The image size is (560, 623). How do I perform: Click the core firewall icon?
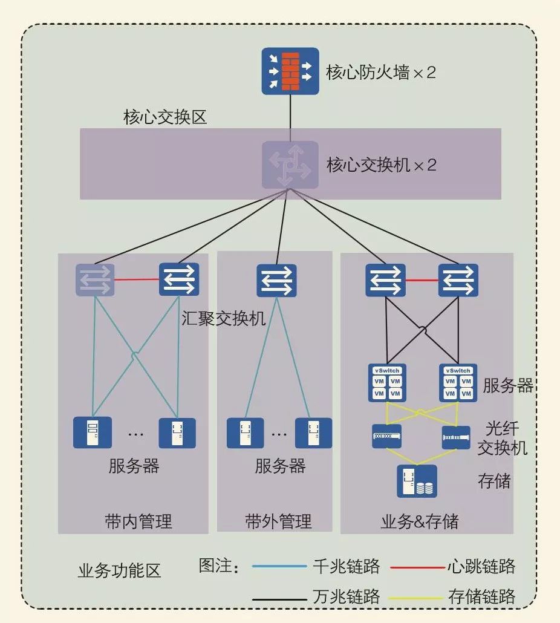pos(290,72)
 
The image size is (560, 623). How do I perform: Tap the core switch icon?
pos(290,165)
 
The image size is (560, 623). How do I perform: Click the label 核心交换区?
pos(165,117)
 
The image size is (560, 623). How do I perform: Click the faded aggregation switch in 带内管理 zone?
pos(94,280)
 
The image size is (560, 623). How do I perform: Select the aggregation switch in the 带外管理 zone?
pos(276,280)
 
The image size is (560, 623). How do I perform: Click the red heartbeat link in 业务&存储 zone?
pos(422,280)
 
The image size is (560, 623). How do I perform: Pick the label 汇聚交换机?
pos(224,318)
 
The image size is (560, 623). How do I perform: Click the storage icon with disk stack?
pos(417,481)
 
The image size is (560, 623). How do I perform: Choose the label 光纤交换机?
pos(503,438)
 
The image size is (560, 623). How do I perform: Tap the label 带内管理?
pos(138,521)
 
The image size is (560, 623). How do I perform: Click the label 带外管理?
pos(278,521)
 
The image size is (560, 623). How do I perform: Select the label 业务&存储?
pos(420,521)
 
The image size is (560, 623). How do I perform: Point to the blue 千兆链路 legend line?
pos(279,567)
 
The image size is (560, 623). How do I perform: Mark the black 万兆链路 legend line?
pos(279,598)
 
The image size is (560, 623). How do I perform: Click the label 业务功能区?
pos(120,570)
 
